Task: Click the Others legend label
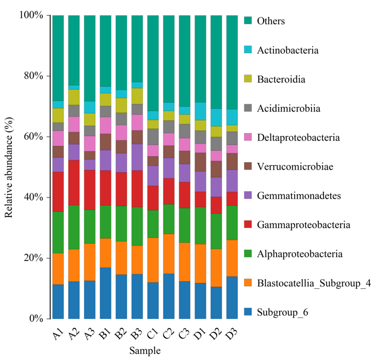[271, 22]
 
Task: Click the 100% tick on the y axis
[31, 15]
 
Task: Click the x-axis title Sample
[144, 350]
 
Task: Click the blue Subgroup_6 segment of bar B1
[105, 293]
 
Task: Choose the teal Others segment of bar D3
[232, 62]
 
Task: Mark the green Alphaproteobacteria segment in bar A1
[58, 232]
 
